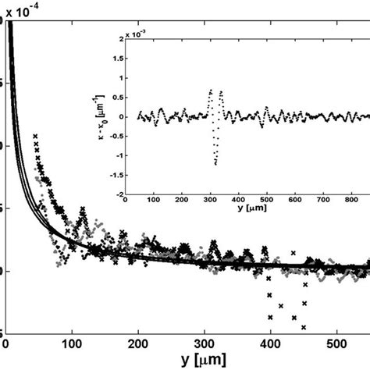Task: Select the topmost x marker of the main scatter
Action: pyautogui.click(x=35, y=137)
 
